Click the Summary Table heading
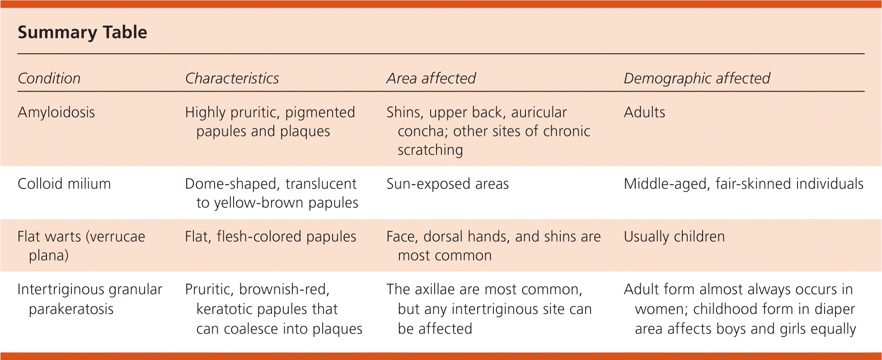coord(82,33)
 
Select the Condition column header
coord(49,78)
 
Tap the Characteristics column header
coord(232,78)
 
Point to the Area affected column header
coord(431,78)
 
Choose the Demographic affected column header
coord(697,79)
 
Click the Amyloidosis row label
coord(56,112)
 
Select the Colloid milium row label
coord(64,183)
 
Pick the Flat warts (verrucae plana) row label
coord(81,246)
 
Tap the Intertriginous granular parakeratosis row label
coord(89,299)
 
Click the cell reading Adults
coord(644,112)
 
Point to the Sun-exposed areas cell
coord(447,184)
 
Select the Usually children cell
coord(674,237)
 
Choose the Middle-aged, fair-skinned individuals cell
coord(744,184)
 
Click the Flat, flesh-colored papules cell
coord(271,237)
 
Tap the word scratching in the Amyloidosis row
coord(430,150)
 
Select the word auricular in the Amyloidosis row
coord(539,112)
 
